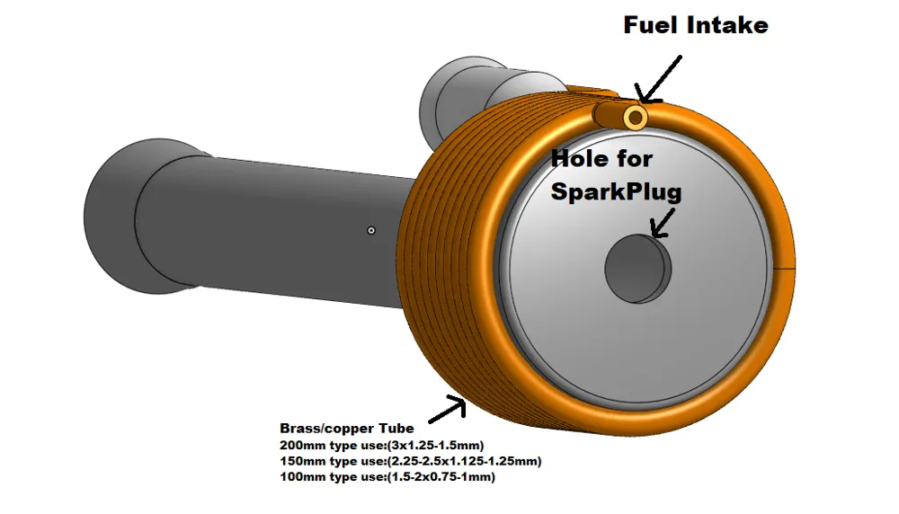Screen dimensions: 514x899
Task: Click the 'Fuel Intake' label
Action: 696,25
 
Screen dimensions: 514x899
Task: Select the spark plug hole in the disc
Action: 637,269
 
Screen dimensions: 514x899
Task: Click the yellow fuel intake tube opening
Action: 636,117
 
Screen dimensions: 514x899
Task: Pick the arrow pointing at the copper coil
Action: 448,412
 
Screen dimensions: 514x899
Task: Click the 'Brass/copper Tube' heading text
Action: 347,429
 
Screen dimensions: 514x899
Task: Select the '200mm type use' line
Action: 382,446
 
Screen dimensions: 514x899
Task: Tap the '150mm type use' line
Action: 410,461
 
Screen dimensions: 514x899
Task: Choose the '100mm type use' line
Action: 387,477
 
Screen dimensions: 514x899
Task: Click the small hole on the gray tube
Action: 371,230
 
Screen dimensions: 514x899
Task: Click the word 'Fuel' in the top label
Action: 651,25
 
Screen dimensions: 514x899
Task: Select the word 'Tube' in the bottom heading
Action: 396,429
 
